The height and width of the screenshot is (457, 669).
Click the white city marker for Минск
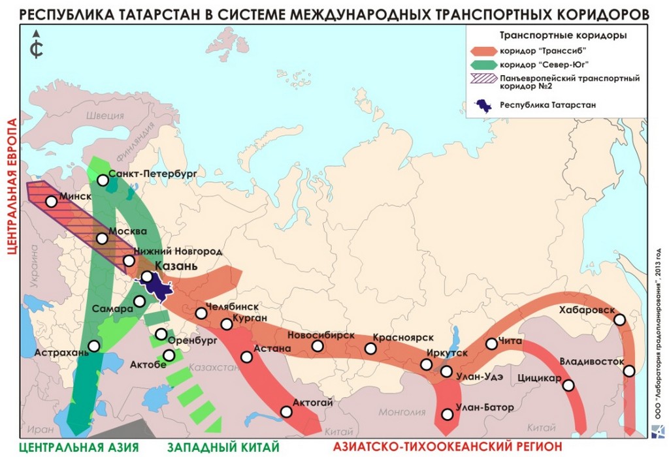pos(51,202)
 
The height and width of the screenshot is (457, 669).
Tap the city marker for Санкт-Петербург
pos(103,180)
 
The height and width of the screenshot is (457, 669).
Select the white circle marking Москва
pos(102,238)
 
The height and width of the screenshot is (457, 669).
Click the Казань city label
pos(175,266)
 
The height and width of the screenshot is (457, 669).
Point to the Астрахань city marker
pos(94,346)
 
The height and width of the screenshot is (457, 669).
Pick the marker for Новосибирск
pos(318,345)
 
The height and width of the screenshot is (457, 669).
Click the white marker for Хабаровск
pos(619,320)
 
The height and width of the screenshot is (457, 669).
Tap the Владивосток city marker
pos(629,371)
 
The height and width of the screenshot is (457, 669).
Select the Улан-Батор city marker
pos(447,414)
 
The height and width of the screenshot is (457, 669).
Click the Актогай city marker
pos(286,411)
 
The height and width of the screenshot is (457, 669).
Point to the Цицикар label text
pos(538,378)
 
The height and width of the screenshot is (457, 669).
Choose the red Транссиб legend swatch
pos(483,50)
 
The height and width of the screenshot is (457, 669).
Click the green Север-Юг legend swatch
pos(483,65)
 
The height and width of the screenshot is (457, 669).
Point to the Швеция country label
pos(105,116)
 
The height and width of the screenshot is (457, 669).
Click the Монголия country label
pos(402,412)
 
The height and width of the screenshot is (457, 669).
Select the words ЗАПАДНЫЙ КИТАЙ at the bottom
pos(223,447)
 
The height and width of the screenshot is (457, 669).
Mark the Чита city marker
pos(492,343)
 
